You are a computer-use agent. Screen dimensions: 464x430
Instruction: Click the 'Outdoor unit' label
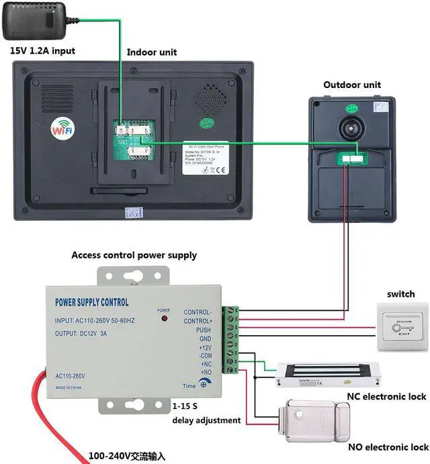click(x=352, y=85)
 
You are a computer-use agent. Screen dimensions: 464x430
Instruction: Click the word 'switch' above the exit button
click(x=400, y=295)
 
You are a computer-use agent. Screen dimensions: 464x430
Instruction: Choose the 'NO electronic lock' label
click(x=388, y=447)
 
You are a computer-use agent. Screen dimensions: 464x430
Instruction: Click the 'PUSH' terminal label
click(x=204, y=330)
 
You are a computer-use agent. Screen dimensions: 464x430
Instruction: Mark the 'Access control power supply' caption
click(x=134, y=256)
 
